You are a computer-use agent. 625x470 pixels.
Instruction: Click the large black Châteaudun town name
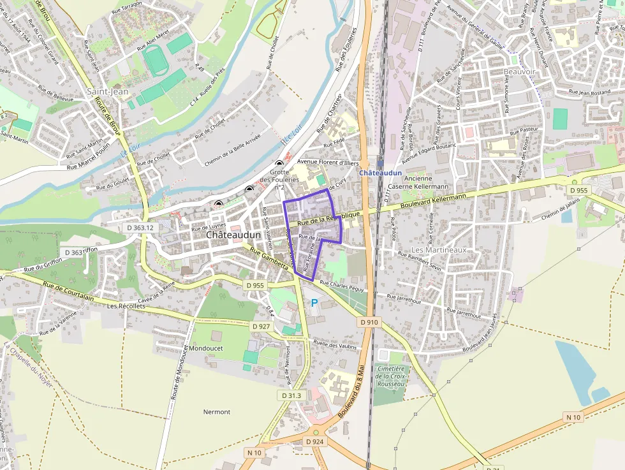233,235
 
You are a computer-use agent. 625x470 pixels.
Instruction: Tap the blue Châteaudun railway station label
380,173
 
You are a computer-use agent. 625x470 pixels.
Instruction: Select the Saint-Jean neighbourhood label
108,92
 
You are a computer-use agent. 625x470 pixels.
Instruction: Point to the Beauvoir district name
520,72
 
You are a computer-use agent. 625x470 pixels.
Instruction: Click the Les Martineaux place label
439,249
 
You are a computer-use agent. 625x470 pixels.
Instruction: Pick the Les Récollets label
126,306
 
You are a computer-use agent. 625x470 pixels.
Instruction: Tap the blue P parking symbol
314,302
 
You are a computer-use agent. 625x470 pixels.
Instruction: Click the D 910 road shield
369,323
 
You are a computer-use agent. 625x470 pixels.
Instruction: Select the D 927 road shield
261,327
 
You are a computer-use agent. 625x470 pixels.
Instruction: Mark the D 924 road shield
315,441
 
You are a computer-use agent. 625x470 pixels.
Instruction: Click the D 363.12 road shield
140,228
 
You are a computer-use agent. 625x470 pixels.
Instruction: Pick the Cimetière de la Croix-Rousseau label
390,376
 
